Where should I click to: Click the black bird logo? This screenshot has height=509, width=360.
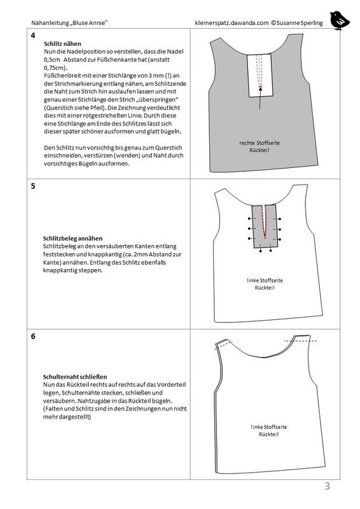point(339,20)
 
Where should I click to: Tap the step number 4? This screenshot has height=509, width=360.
point(33,36)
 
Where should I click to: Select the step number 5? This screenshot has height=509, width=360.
point(33,186)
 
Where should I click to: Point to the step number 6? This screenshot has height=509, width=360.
point(33,337)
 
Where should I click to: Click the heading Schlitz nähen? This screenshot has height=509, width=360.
point(62,44)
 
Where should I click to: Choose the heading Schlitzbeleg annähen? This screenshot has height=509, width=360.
point(73,239)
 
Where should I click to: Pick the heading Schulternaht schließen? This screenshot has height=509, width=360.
point(75,377)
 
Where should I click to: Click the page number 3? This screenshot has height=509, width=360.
point(327,486)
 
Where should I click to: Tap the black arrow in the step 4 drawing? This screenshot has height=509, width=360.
point(260,97)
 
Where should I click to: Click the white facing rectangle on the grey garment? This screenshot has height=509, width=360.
point(260,75)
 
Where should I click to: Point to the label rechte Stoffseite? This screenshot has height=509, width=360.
point(260,143)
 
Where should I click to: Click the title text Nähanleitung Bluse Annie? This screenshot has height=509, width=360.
point(69,23)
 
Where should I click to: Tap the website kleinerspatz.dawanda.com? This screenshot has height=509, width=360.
point(232,23)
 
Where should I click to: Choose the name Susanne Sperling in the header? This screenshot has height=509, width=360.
point(300,23)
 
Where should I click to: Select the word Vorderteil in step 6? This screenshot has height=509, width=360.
point(171,385)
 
